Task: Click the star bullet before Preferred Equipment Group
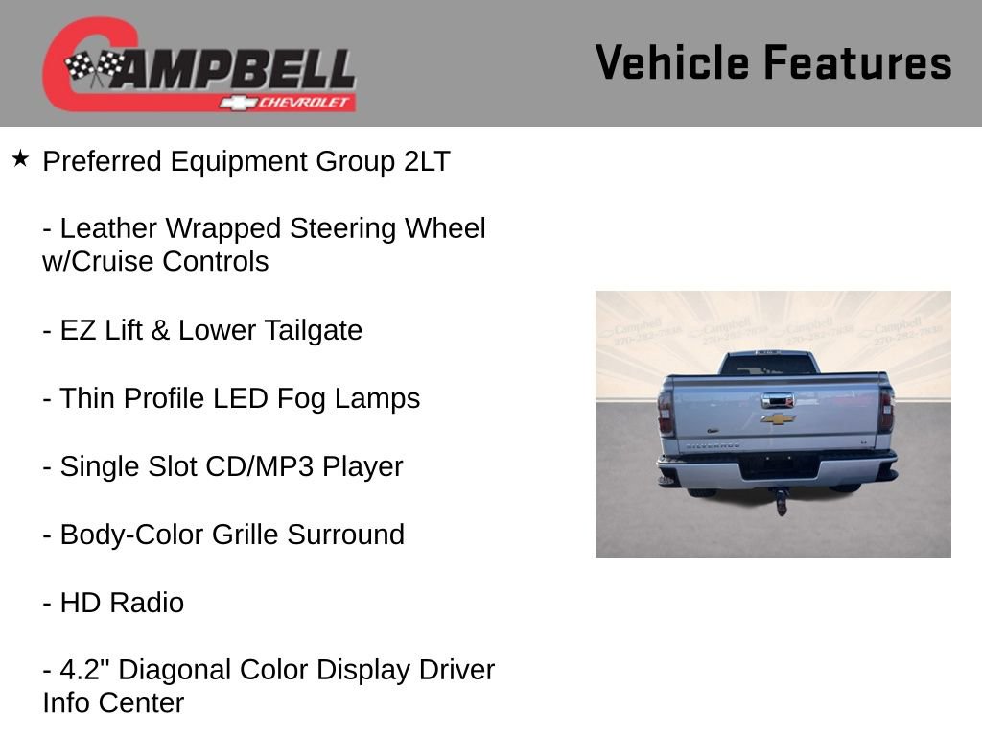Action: click(x=20, y=158)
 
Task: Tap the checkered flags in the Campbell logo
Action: click(x=94, y=67)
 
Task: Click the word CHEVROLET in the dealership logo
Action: click(x=306, y=102)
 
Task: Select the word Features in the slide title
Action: click(x=857, y=63)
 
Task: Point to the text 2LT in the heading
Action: click(x=427, y=161)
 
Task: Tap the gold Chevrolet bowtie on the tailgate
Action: click(x=778, y=418)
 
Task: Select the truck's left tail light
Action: click(x=665, y=411)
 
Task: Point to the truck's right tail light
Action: click(x=886, y=410)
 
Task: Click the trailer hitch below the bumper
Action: click(x=782, y=502)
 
